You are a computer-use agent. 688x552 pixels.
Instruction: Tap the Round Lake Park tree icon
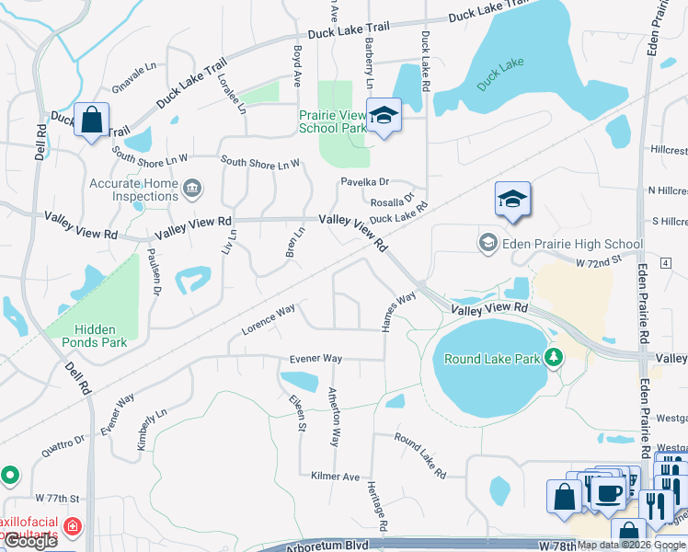pyautogui.click(x=553, y=357)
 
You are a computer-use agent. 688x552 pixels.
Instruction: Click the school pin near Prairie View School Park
pyautogui.click(x=384, y=117)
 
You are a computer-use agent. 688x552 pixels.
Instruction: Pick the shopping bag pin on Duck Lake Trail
pyautogui.click(x=92, y=121)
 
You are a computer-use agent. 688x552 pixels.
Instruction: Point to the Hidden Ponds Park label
pyautogui.click(x=88, y=335)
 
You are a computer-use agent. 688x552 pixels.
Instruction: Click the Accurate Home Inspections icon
pyautogui.click(x=192, y=190)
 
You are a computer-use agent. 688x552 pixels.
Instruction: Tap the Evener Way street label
pyautogui.click(x=315, y=358)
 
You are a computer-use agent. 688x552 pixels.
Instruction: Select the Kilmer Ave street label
pyautogui.click(x=335, y=477)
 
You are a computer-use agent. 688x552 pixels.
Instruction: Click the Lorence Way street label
pyautogui.click(x=269, y=318)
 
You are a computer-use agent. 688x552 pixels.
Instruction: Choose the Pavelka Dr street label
pyautogui.click(x=365, y=182)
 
